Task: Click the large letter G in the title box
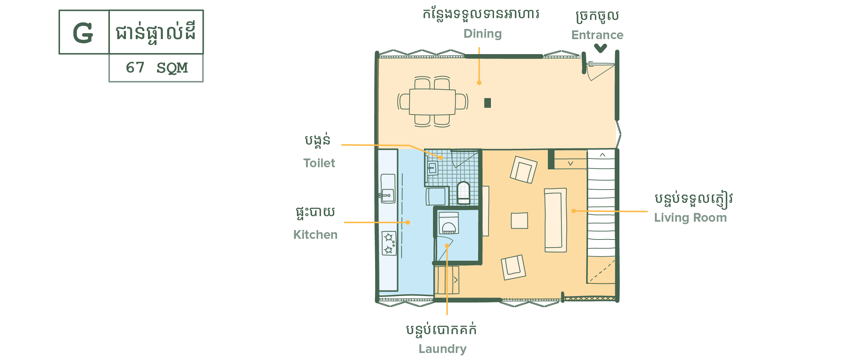pos(83,33)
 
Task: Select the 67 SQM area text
pos(157,68)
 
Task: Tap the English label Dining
pos(483,34)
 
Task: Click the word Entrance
pos(597,35)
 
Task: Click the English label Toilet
pos(319,163)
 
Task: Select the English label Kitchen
pos(315,235)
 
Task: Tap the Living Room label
pos(690,218)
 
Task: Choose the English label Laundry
pos(442,349)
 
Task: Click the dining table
pos(432,102)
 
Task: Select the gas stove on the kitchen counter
pos(389,243)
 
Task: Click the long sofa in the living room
pos(555,220)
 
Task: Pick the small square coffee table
pos(519,221)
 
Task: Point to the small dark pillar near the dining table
pos(487,103)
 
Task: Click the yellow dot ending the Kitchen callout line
pos(408,222)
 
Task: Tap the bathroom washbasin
pos(432,168)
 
